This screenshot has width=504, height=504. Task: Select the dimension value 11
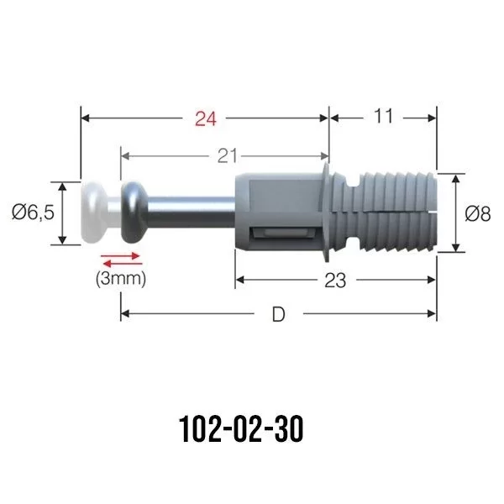coord(382,117)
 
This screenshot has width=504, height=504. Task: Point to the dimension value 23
coord(334,281)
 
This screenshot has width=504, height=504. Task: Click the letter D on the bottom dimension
coord(278,315)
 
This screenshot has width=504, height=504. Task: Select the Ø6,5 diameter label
coord(33,213)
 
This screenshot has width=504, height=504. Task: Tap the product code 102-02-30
coord(241,430)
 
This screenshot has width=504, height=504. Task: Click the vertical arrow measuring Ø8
coord(454,213)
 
